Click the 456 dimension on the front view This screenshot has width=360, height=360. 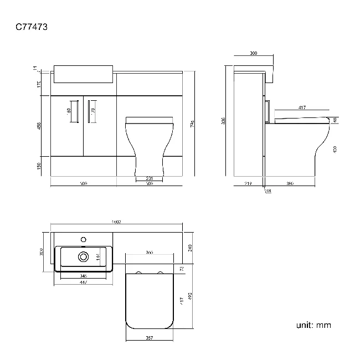tap(39, 126)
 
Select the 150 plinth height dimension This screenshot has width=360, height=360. tap(39, 167)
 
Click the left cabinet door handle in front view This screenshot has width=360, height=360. tap(74, 110)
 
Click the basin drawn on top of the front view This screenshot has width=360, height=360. tap(84, 74)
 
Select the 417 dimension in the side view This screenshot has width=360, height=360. tap(302, 107)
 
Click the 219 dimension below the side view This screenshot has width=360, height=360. tap(248, 183)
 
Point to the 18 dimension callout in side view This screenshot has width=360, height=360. tap(269, 191)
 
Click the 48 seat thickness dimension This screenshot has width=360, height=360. tap(335, 120)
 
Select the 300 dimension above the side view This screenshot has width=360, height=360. tap(253, 54)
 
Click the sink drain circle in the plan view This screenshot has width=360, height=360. tap(84, 256)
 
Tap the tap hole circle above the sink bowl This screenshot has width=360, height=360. tap(84, 239)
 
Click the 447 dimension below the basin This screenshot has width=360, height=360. tap(84, 282)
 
